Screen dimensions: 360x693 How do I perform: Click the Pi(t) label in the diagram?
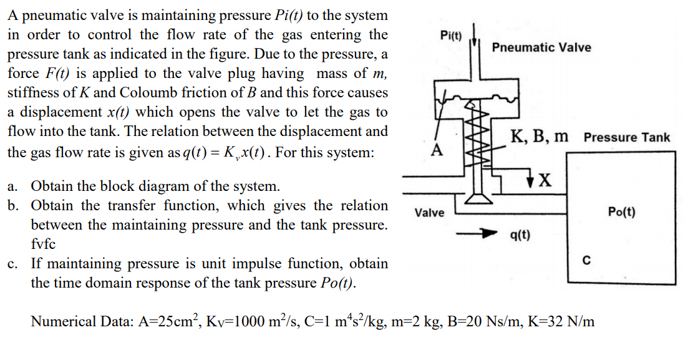[x=451, y=35]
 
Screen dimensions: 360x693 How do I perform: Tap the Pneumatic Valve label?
[x=541, y=47]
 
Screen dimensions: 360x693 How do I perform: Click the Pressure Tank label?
[x=627, y=137]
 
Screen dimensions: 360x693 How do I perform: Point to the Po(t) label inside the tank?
[x=621, y=212]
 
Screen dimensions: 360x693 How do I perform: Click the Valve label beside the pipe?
[x=429, y=213]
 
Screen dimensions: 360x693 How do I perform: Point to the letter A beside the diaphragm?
[x=438, y=150]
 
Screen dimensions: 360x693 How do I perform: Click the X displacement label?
[x=545, y=180]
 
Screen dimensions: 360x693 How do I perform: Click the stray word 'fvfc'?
[x=43, y=244]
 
